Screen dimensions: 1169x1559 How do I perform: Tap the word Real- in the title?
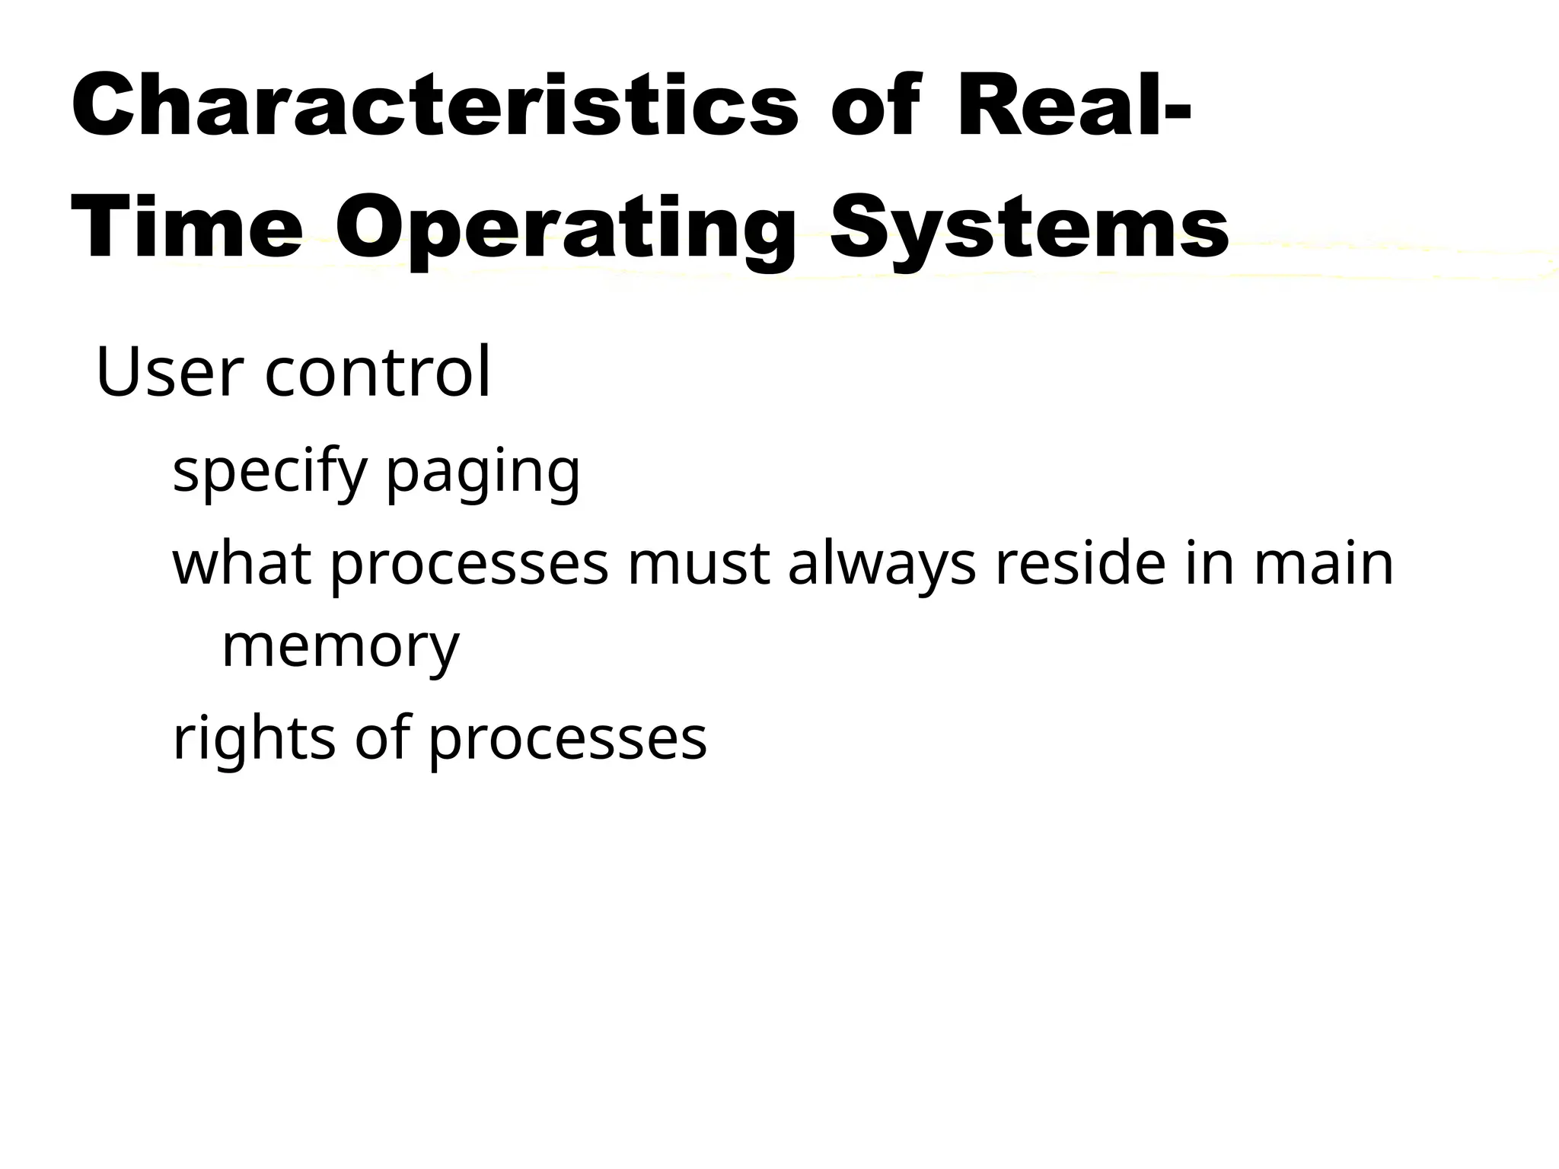(x=1073, y=105)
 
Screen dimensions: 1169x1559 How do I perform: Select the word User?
(x=170, y=373)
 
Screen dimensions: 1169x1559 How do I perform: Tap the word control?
(x=378, y=373)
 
